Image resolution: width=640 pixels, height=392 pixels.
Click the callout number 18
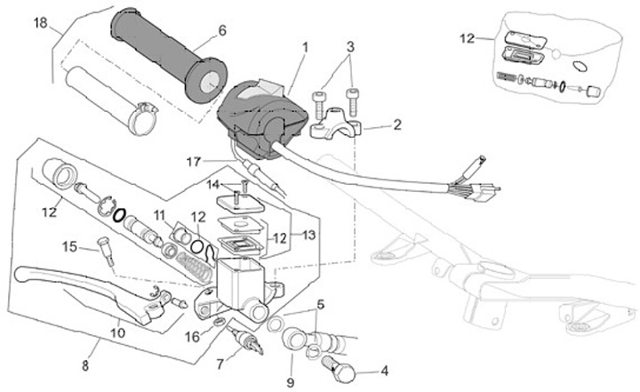[40, 23]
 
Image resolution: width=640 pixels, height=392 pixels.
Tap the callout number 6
[221, 30]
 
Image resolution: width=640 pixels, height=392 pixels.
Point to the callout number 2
[396, 125]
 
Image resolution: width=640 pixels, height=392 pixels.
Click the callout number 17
[193, 161]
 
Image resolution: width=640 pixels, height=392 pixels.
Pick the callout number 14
[212, 185]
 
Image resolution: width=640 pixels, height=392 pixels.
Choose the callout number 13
[309, 235]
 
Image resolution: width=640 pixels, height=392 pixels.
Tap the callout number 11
[159, 215]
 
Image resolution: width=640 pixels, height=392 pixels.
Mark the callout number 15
[70, 246]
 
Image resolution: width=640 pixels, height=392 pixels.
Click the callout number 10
[117, 332]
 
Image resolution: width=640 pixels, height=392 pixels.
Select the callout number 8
[86, 364]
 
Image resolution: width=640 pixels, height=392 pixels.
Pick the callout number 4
[385, 371]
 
